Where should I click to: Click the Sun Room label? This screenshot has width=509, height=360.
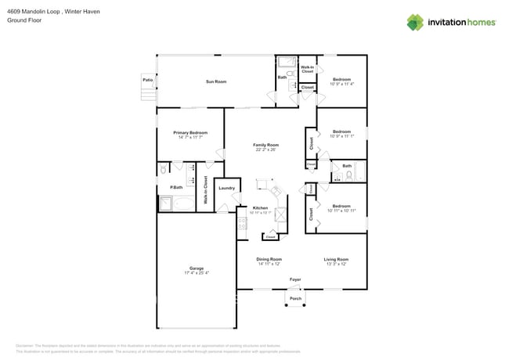(x=216, y=82)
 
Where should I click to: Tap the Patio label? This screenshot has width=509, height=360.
(x=147, y=80)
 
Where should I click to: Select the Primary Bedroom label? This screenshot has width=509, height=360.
(x=190, y=132)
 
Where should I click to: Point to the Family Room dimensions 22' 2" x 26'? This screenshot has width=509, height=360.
(x=265, y=149)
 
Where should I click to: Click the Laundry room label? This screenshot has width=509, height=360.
(x=227, y=188)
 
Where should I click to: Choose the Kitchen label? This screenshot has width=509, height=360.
(x=259, y=208)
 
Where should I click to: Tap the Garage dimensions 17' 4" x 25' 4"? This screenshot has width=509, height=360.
(x=197, y=272)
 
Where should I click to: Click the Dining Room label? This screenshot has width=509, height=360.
(x=269, y=259)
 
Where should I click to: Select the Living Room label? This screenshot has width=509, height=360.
(x=335, y=259)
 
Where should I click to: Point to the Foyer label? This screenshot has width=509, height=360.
(x=295, y=279)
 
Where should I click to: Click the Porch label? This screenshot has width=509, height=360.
(x=295, y=298)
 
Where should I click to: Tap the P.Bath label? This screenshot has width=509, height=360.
(x=176, y=188)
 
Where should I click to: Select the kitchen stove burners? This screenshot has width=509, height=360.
(x=243, y=224)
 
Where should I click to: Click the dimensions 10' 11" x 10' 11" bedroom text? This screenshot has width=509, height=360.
(x=342, y=211)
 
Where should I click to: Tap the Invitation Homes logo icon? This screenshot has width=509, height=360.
(x=416, y=22)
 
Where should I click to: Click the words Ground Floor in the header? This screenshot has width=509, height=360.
(x=23, y=21)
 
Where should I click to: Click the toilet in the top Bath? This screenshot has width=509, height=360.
(x=290, y=74)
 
